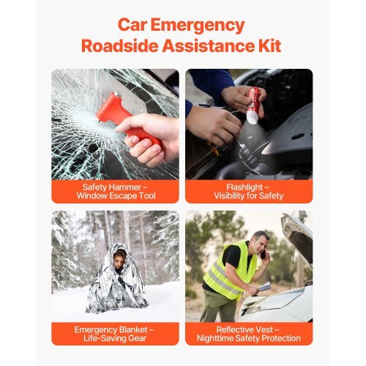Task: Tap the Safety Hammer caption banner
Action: click(115, 191)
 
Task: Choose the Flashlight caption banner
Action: click(249, 191)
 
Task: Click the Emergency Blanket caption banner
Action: click(115, 334)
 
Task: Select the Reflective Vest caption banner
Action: click(249, 334)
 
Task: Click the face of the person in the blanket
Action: click(120, 257)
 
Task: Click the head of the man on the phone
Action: click(259, 243)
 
